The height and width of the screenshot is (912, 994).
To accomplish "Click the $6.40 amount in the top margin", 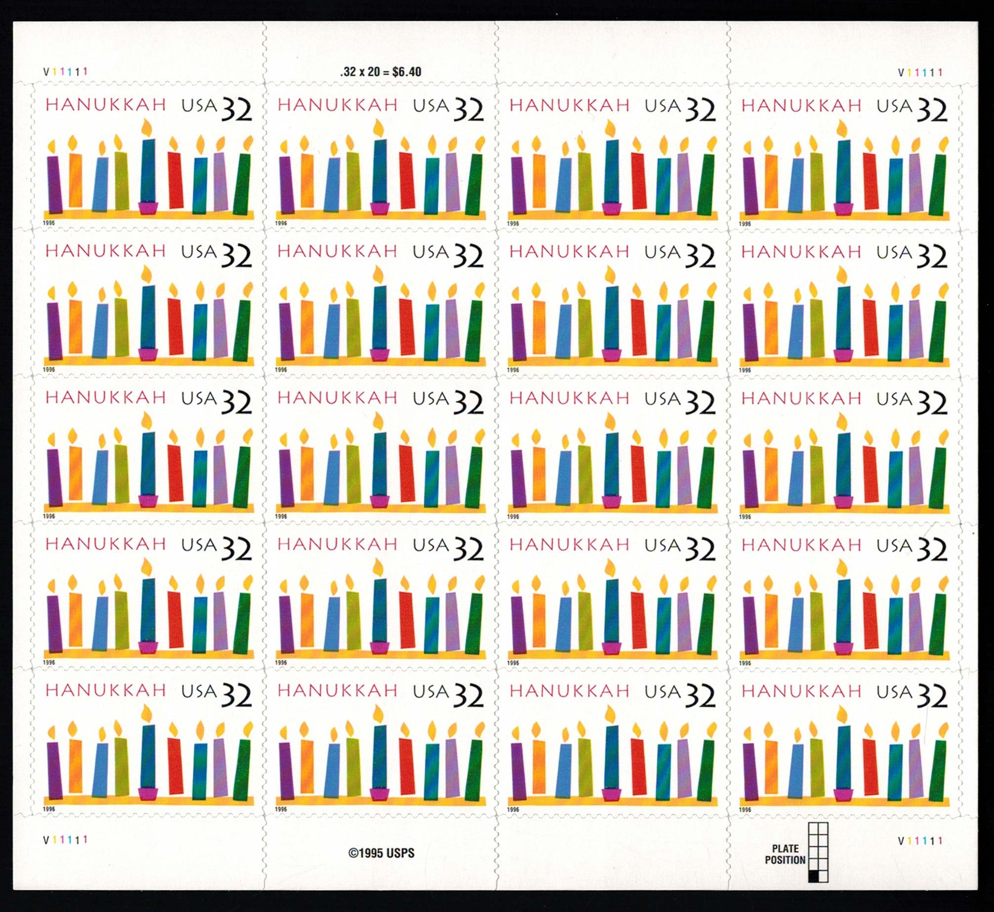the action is click(407, 72).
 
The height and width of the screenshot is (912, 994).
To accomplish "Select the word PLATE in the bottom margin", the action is click(785, 848).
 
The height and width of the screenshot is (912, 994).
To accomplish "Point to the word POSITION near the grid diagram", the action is click(785, 860).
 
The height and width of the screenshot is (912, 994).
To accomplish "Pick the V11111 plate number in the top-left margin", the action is click(66, 72).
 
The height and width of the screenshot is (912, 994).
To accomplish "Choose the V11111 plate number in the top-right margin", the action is click(920, 73).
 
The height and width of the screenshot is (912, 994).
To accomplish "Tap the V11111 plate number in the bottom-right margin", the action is click(920, 840).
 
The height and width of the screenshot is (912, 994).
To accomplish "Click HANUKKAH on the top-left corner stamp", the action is click(106, 105).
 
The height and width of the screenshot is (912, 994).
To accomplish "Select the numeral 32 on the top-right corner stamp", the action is click(932, 111).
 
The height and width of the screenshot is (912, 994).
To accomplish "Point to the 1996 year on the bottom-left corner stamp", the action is click(49, 809).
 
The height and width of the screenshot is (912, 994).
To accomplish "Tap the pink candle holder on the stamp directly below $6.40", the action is click(379, 208).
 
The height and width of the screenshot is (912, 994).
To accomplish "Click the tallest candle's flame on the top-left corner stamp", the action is click(146, 127).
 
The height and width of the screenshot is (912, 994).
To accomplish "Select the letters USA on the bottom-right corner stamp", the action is click(895, 692).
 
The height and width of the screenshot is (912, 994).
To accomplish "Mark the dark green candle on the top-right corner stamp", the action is click(937, 185).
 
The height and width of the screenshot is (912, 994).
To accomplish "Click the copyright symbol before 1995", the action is click(353, 853).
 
